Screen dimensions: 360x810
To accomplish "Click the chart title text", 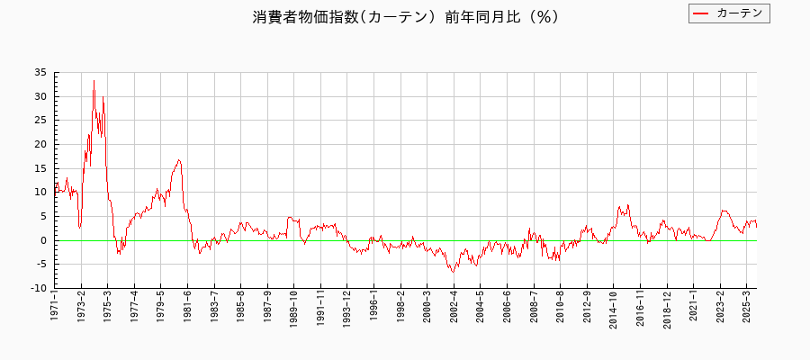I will click(x=405, y=16).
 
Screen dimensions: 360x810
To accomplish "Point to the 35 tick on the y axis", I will click(x=41, y=72).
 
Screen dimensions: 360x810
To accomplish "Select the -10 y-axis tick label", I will click(x=39, y=288).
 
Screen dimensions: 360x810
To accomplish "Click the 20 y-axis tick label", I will click(x=41, y=144).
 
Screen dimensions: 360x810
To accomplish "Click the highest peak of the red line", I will click(x=94, y=80).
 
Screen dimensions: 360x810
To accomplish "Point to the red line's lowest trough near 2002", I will click(x=454, y=271).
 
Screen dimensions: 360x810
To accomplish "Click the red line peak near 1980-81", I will click(x=179, y=159).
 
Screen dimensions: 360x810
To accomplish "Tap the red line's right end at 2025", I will click(x=756, y=226).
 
